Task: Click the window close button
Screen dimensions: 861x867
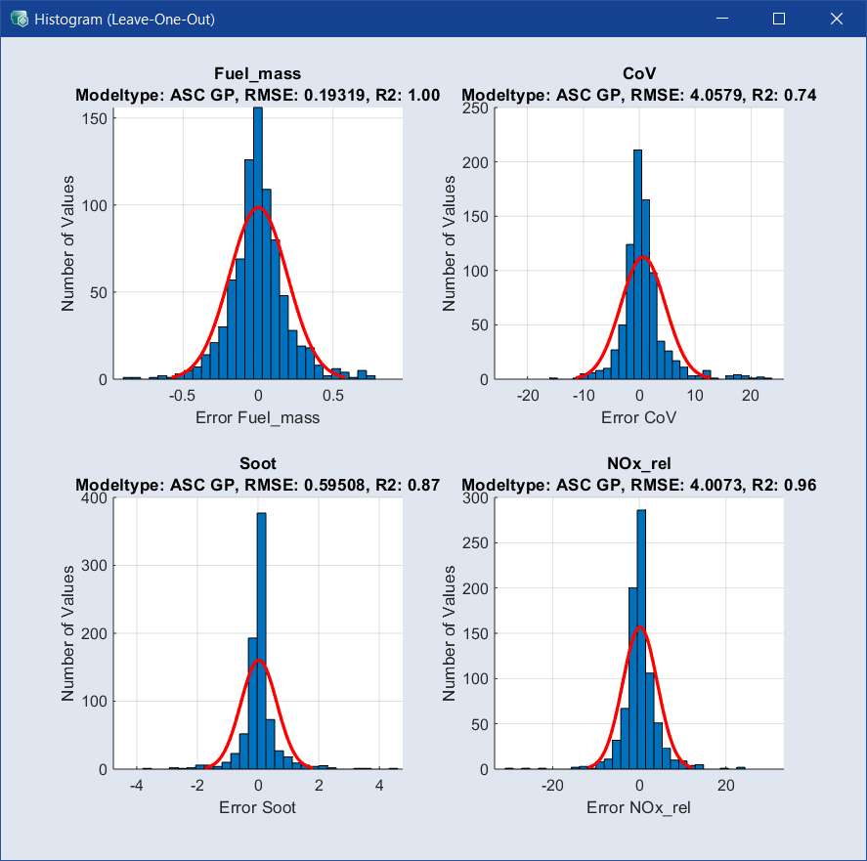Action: [836, 19]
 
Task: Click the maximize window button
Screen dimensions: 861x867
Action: [779, 19]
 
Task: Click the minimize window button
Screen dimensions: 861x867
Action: [722, 19]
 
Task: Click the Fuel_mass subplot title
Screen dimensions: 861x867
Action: [257, 74]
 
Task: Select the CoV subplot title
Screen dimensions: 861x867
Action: [639, 74]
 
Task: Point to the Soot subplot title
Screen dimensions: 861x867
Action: [257, 463]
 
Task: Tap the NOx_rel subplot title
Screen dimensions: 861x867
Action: [639, 463]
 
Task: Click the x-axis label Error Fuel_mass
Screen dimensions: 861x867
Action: [258, 417]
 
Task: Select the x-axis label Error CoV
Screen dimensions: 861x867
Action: [639, 417]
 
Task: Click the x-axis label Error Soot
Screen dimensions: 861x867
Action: [258, 807]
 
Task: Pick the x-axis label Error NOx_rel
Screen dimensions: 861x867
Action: [640, 807]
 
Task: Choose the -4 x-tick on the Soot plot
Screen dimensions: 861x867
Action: [137, 786]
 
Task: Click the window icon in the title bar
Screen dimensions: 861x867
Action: [18, 19]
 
